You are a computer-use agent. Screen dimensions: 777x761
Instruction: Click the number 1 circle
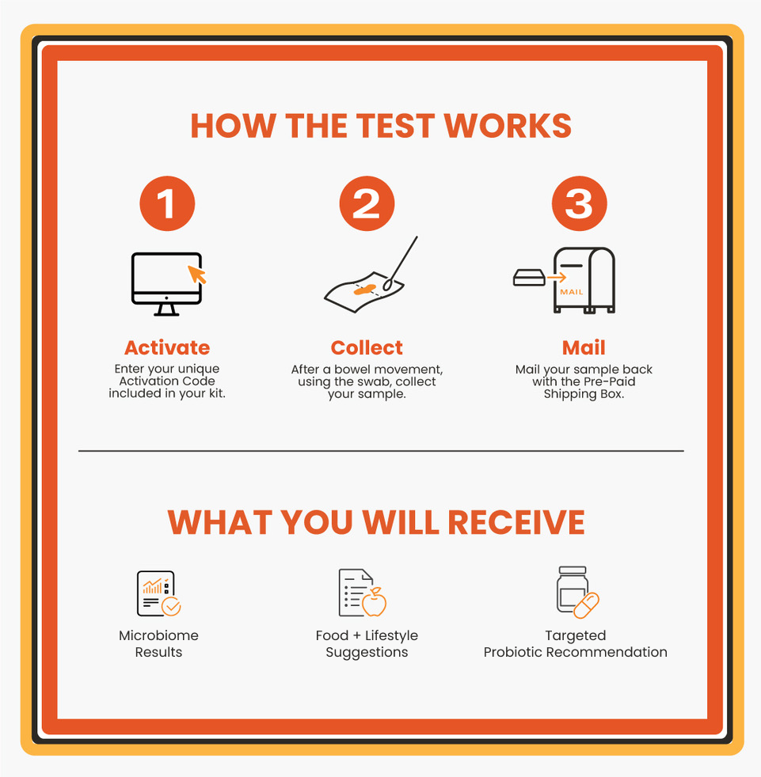[x=167, y=204]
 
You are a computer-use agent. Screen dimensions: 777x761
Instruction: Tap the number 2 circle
[x=367, y=204]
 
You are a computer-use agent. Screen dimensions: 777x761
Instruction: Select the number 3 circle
[x=579, y=204]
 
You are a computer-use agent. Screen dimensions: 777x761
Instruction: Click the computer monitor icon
[x=166, y=283]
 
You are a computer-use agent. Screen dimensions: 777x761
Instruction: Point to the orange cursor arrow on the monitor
[x=196, y=274]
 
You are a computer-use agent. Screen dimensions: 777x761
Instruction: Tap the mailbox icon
[x=584, y=281]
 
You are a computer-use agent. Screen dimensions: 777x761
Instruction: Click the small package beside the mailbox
[x=529, y=278]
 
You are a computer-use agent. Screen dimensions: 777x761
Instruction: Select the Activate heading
[x=167, y=347]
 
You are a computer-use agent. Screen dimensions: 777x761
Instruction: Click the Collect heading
[x=367, y=347]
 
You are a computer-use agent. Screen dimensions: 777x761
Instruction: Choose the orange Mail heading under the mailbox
[x=584, y=347]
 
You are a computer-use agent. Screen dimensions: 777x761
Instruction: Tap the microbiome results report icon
[x=157, y=593]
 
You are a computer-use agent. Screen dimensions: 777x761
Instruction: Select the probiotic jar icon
[x=572, y=590]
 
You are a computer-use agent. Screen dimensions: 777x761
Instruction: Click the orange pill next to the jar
[x=587, y=605]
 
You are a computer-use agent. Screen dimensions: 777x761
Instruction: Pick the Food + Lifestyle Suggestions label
[x=367, y=644]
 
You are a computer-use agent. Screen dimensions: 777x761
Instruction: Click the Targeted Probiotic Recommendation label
[x=575, y=644]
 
